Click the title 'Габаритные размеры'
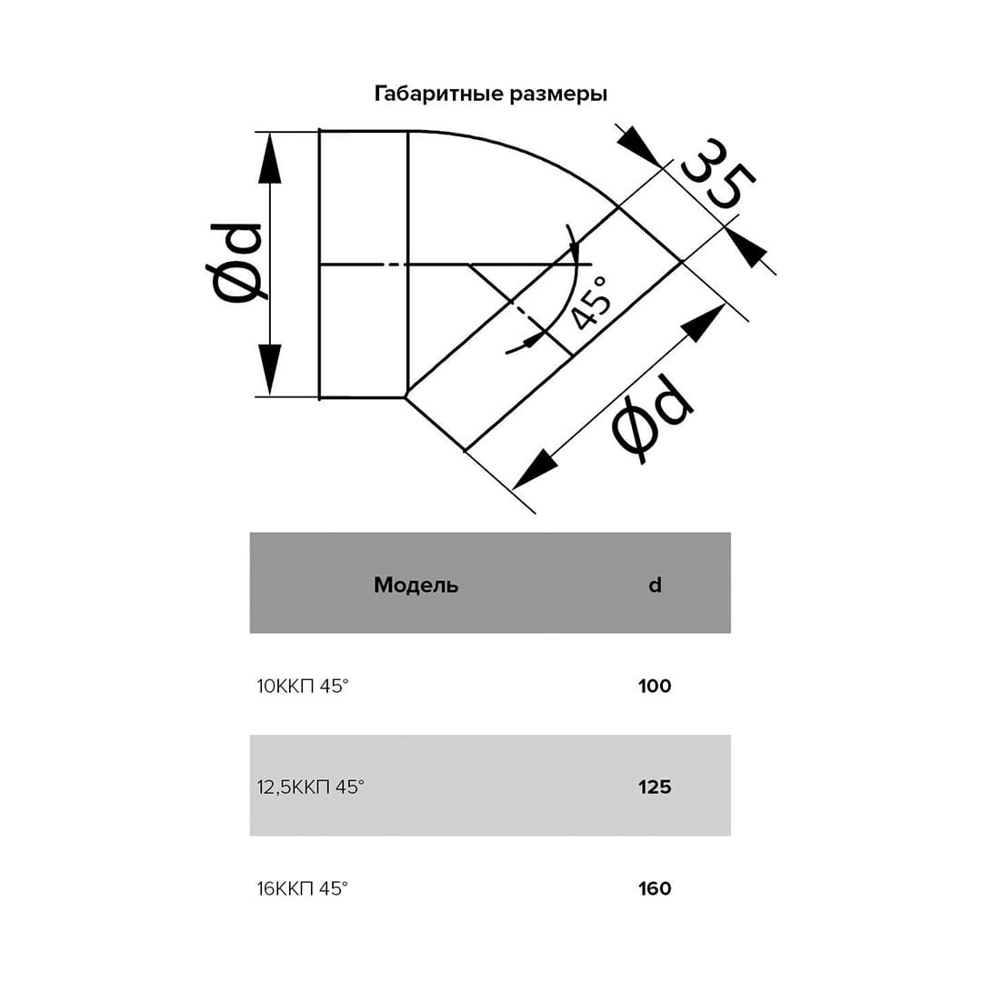click(x=490, y=94)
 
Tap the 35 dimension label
click(x=719, y=174)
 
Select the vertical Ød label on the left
click(x=235, y=263)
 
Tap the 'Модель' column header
click(x=416, y=585)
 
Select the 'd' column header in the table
click(x=655, y=585)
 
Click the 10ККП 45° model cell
click(x=303, y=686)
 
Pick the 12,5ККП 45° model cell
click(x=311, y=787)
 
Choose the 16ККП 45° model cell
click(x=303, y=888)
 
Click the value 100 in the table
click(x=655, y=686)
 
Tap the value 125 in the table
click(x=655, y=787)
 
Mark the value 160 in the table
click(x=655, y=888)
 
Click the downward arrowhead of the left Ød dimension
click(x=270, y=370)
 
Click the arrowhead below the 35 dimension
click(x=747, y=248)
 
